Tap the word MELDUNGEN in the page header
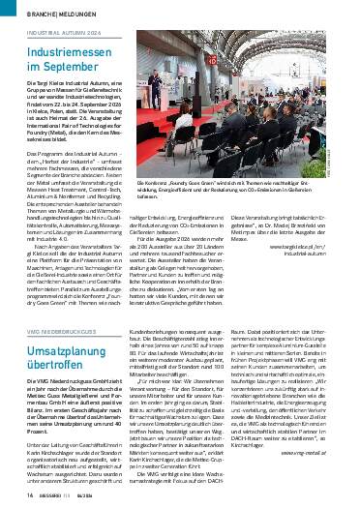pyautogui.click(x=63, y=15)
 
